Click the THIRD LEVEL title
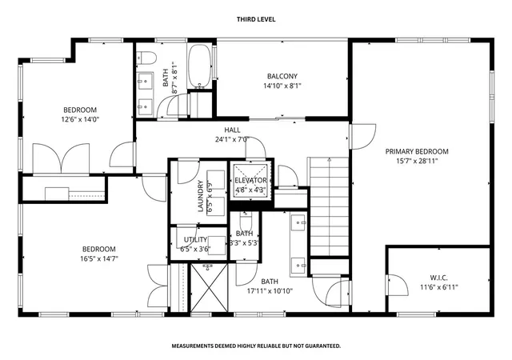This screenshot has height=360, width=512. tap(256, 19)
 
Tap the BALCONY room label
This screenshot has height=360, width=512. tap(282, 77)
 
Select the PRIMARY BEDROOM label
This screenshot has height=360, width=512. tap(417, 151)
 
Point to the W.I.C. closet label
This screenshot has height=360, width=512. tap(438, 278)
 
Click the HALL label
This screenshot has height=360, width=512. tap(232, 130)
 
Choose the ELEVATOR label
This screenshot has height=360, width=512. tap(250, 180)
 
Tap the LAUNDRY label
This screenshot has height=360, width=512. tap(201, 196)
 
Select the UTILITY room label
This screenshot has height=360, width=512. tap(195, 239)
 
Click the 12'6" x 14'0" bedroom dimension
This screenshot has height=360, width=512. tap(80, 119)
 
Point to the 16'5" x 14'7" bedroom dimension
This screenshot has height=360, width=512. tap(99, 258)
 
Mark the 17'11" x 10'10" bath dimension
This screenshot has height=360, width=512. tap(270, 290)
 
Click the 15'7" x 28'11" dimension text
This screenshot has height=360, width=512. tap(417, 161)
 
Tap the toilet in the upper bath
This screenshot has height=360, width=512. tap(146, 58)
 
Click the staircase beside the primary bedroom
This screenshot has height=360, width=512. tap(329, 206)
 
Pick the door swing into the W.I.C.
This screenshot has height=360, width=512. tap(397, 285)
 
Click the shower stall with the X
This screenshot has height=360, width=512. tap(209, 288)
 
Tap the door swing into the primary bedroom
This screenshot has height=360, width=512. tap(362, 137)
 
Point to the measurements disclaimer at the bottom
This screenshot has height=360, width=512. tap(256, 346)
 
